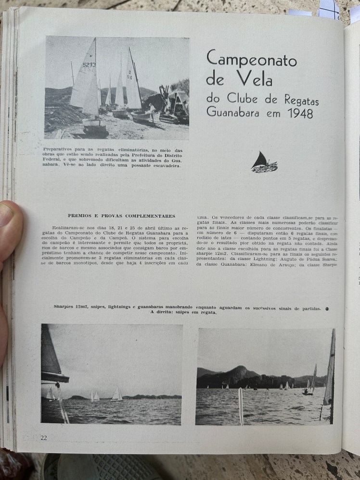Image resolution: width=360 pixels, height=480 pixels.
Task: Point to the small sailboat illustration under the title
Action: click(264, 163)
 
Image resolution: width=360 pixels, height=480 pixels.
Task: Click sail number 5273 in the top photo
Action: click(89, 65)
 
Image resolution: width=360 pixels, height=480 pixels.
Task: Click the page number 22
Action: click(44, 437)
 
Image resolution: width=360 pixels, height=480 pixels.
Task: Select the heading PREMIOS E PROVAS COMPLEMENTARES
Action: click(121, 216)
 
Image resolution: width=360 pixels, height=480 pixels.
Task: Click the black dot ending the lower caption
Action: click(327, 309)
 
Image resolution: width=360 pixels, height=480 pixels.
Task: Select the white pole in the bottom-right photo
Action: click(241, 405)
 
